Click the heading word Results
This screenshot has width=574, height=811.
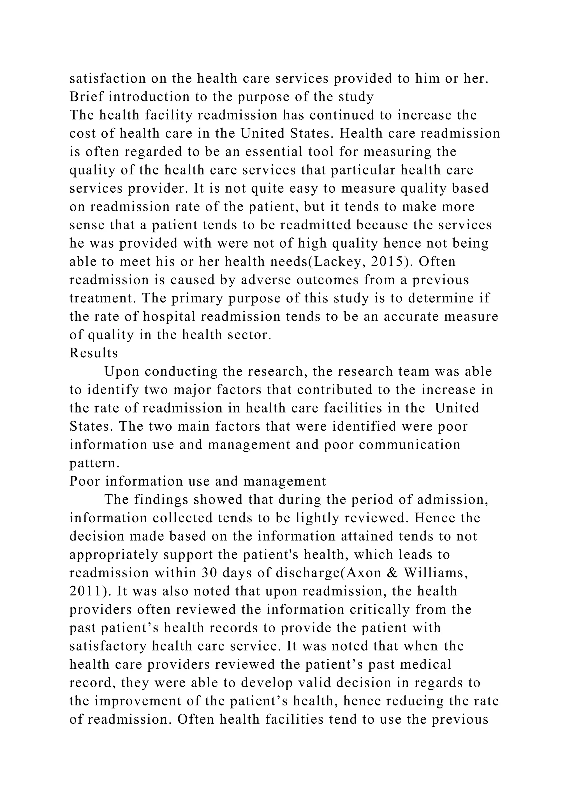coord(94,353)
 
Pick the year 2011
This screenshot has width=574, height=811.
coord(89,591)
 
